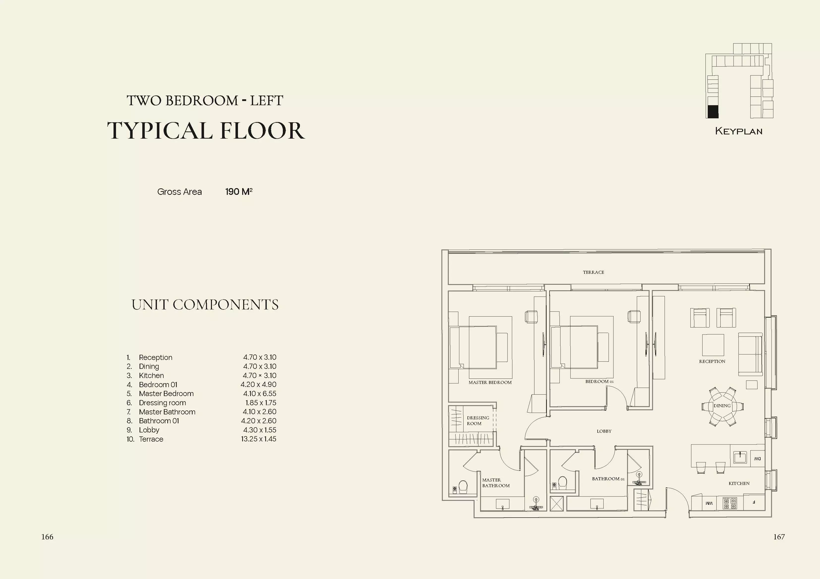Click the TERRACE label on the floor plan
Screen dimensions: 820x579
[x=594, y=272]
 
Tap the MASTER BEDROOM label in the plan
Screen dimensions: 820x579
[x=490, y=382]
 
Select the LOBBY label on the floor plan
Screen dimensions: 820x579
[x=604, y=431]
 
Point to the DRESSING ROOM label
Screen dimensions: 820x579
[x=478, y=421]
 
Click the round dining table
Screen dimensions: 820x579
[x=722, y=406]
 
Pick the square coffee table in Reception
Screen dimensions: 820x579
[x=713, y=345]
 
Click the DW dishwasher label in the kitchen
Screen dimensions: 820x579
[x=757, y=459]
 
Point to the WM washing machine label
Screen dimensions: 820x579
[x=709, y=503]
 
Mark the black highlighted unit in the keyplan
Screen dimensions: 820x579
[x=713, y=112]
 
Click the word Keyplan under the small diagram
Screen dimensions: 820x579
[x=739, y=131]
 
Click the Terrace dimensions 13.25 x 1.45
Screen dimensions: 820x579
[x=259, y=439]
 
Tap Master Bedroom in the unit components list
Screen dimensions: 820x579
[x=166, y=394]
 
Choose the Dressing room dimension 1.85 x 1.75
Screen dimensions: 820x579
[x=261, y=403]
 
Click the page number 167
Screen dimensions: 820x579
[x=779, y=537]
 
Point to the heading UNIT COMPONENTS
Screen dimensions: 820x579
[x=205, y=305]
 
